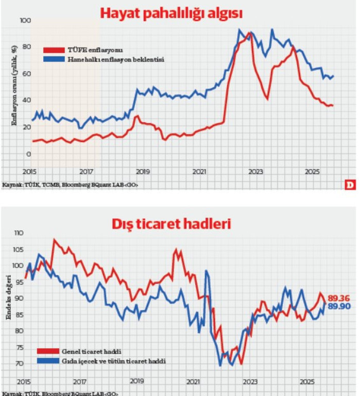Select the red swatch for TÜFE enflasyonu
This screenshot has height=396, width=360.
coord(53,50)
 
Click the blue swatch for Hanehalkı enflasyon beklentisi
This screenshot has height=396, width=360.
coord(53,60)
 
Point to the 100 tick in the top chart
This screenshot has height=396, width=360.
coord(25,21)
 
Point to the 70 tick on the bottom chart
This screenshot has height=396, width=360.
coord(20,364)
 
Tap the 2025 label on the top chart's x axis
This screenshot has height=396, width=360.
coord(312,172)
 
